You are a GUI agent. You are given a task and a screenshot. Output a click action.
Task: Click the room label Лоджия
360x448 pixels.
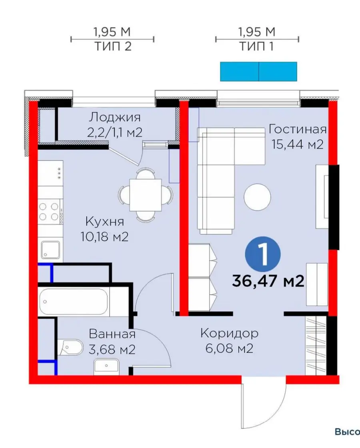tap(115, 117)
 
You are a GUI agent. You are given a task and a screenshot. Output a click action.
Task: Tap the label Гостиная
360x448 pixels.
tap(298, 129)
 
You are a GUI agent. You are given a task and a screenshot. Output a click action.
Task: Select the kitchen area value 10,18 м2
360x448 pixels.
tap(104, 237)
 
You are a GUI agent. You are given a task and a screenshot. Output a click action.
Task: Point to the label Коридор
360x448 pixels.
tap(229, 333)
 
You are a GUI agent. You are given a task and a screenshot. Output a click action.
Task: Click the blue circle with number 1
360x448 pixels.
tap(263, 254)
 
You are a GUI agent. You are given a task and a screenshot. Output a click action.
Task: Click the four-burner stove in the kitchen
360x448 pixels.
tap(49, 212)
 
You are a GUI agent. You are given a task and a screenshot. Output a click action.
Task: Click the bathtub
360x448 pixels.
tap(76, 301)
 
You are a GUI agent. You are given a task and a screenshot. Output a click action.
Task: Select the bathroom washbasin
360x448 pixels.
tap(106, 366)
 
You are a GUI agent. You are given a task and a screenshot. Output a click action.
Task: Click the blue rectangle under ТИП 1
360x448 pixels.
tap(258, 72)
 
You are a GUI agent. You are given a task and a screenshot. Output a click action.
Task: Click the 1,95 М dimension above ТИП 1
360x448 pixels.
tap(257, 31)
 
